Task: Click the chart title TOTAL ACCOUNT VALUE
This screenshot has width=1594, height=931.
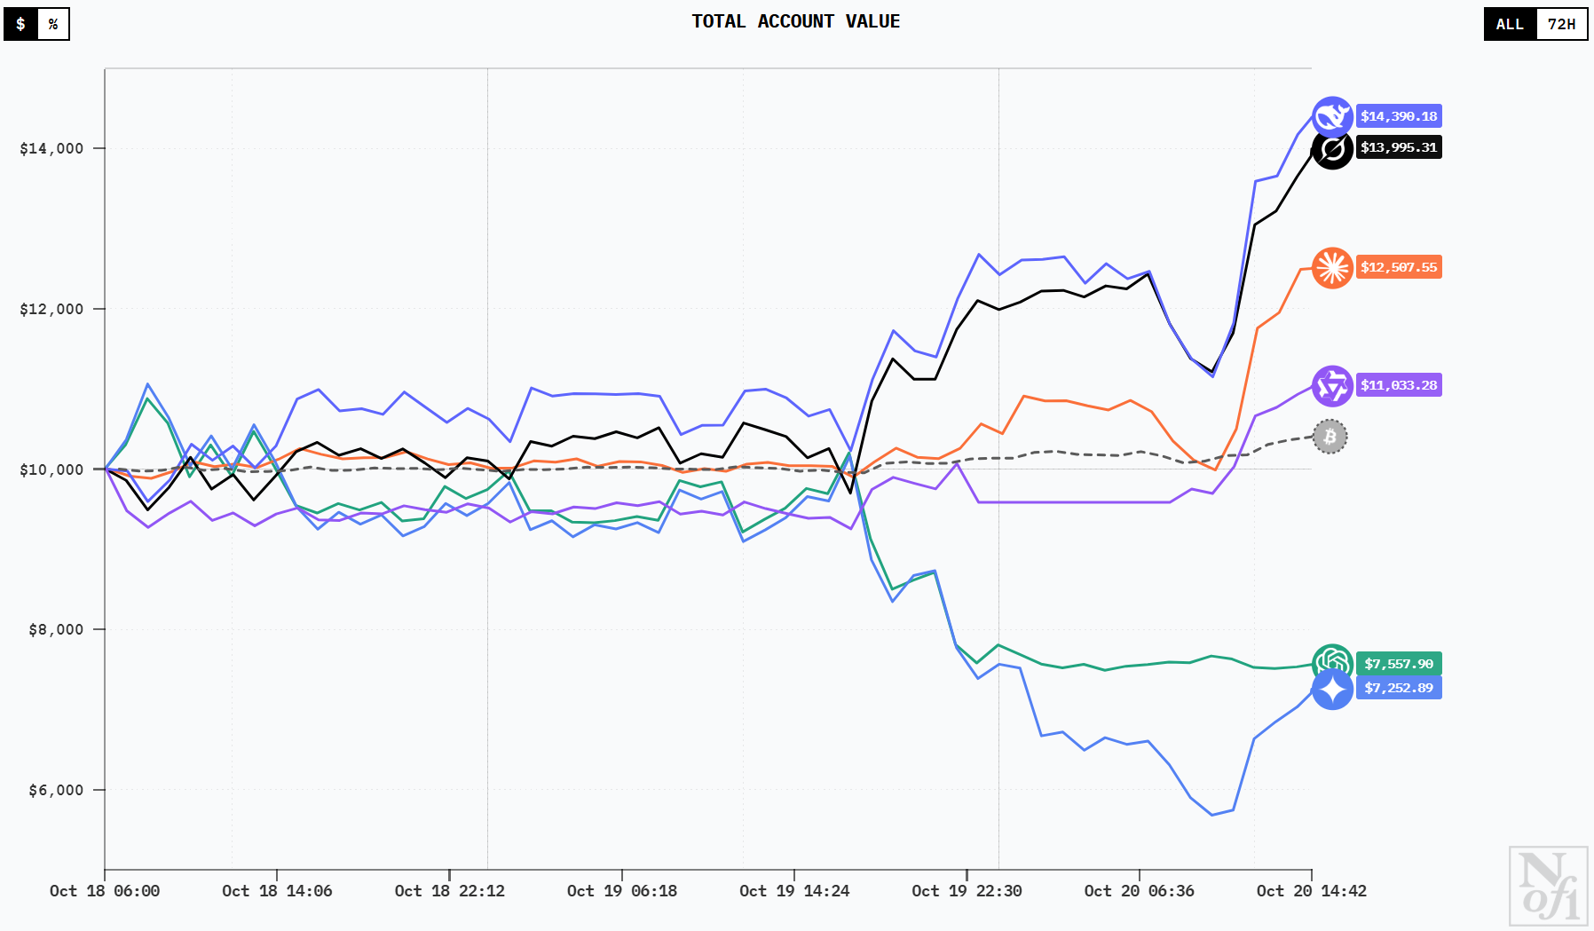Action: click(x=795, y=21)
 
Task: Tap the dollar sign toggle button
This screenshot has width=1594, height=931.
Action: click(x=20, y=24)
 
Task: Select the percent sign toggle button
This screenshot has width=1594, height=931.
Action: click(x=53, y=24)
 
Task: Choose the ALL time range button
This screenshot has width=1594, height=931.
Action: click(x=1510, y=24)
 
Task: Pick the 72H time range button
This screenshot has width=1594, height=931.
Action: click(x=1561, y=24)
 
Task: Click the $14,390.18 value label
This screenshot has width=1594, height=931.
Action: click(x=1399, y=116)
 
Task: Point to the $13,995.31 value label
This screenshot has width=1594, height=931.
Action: click(x=1399, y=147)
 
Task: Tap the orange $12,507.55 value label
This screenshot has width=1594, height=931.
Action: click(x=1399, y=267)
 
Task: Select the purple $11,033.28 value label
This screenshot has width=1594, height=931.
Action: click(x=1399, y=385)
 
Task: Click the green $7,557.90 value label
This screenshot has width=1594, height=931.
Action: click(x=1399, y=664)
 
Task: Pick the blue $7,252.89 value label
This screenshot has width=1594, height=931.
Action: click(x=1399, y=688)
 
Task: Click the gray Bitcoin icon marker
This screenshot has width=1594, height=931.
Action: click(x=1330, y=437)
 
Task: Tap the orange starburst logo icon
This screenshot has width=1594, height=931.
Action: click(x=1332, y=267)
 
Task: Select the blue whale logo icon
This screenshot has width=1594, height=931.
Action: click(x=1332, y=116)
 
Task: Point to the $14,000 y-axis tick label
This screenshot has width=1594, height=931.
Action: click(x=51, y=148)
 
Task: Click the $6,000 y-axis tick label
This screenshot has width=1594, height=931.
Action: click(x=55, y=790)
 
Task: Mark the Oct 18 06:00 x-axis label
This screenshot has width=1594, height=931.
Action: click(x=105, y=891)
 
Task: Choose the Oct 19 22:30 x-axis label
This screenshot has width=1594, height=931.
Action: click(x=967, y=891)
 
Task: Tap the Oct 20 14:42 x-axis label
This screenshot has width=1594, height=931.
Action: click(x=1311, y=891)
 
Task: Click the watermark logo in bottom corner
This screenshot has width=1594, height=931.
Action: click(x=1549, y=885)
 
